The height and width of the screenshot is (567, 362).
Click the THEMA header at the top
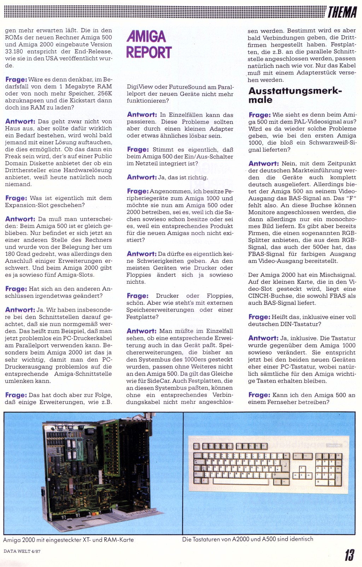tap(342, 12)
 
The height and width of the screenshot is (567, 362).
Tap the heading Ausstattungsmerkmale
tap(295, 95)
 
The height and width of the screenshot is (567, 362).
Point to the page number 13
tap(349, 555)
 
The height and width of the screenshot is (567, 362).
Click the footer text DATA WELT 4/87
tap(22, 551)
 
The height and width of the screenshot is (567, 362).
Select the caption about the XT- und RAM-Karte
tap(69, 540)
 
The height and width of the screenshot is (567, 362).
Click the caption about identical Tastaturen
tap(247, 539)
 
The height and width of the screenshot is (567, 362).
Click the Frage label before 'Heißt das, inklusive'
tap(259, 317)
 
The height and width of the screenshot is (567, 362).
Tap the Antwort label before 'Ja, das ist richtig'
tap(141, 177)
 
